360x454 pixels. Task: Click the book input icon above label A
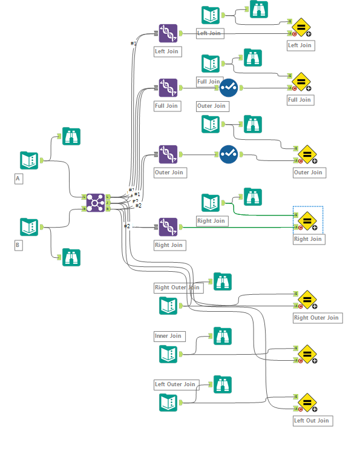[x=29, y=160]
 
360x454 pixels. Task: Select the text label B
[x=18, y=245]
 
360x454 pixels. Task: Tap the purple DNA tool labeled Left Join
[x=168, y=33]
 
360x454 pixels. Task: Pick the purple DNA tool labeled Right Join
[x=168, y=227]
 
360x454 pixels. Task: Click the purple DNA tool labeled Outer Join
[x=168, y=154]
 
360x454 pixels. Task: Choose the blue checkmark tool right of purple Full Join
[x=228, y=88]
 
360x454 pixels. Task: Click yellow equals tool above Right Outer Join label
[x=307, y=299]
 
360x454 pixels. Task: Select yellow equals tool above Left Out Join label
[x=307, y=402]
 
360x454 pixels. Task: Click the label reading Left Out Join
[x=312, y=421]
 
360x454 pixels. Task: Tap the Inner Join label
[x=168, y=336]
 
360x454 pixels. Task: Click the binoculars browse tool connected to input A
[x=71, y=136]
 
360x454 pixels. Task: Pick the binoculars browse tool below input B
[x=71, y=257]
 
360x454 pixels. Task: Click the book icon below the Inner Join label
[x=168, y=354]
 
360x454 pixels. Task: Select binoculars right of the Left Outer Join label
[x=223, y=384]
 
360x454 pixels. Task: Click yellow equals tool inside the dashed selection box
[x=307, y=221]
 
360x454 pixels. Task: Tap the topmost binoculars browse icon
[x=259, y=9]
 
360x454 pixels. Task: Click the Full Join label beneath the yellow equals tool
[x=299, y=100]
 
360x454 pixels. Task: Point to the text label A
[x=18, y=179]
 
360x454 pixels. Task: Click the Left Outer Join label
[x=175, y=384]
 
